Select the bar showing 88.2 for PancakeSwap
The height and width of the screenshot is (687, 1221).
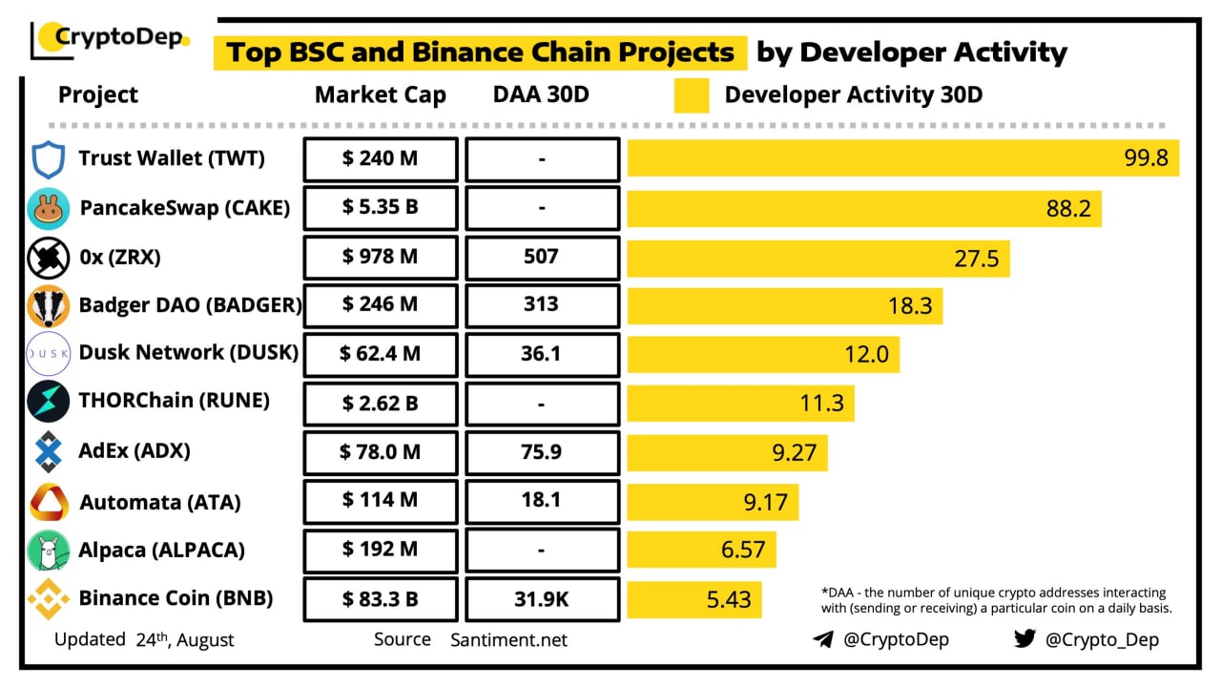(863, 208)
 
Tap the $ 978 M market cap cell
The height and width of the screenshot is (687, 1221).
(381, 258)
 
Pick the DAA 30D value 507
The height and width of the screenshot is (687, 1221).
(542, 258)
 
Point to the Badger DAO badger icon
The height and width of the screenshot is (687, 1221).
(48, 306)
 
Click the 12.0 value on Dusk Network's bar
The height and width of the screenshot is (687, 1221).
(866, 355)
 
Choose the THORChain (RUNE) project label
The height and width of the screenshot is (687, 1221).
(174, 402)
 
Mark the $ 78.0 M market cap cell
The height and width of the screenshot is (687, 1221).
(381, 452)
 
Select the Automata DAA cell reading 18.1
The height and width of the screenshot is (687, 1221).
(542, 501)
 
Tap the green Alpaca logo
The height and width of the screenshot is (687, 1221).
(48, 551)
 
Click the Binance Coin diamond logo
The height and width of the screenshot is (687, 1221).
(48, 599)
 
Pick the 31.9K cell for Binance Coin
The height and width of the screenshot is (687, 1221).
(542, 598)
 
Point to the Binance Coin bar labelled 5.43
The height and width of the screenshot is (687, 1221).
(694, 599)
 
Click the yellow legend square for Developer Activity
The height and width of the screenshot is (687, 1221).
(692, 96)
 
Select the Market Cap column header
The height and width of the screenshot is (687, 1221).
(381, 95)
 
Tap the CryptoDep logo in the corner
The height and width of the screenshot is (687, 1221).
(111, 40)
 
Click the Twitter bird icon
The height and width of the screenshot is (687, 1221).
(1024, 638)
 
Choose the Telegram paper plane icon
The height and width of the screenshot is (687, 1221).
(823, 639)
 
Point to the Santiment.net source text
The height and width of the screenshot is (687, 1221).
(508, 640)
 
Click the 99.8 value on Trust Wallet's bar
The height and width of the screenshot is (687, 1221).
(1146, 158)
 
